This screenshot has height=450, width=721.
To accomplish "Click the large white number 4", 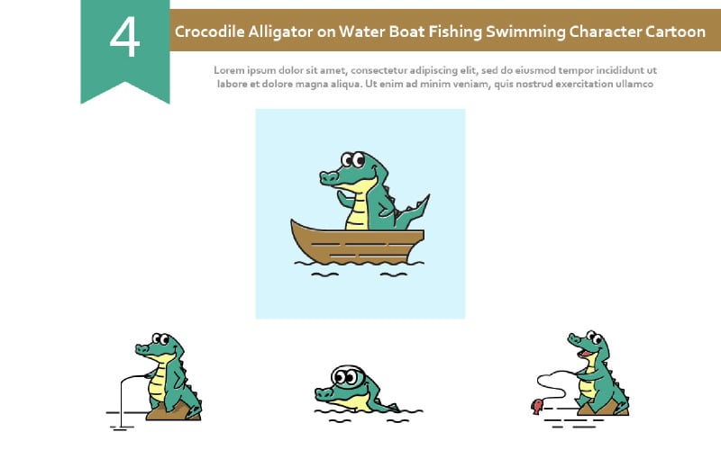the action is (124, 37).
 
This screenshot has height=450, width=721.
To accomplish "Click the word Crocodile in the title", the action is (209, 31).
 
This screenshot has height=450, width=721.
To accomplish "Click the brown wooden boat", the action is (357, 242).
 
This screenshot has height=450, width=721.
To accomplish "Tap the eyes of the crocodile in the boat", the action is (353, 160).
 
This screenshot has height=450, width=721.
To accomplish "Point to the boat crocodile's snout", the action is (329, 177).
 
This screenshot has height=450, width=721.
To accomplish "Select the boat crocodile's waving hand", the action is (342, 199).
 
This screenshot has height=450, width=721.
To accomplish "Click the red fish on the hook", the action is (537, 406).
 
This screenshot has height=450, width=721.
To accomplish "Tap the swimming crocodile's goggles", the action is (348, 376).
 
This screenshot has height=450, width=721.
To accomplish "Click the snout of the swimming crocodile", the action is (324, 393).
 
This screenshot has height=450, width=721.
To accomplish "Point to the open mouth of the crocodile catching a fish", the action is (585, 353).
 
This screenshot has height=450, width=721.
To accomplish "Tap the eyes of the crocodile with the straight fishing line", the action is (160, 339).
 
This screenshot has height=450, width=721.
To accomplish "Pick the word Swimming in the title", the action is (525, 32).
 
